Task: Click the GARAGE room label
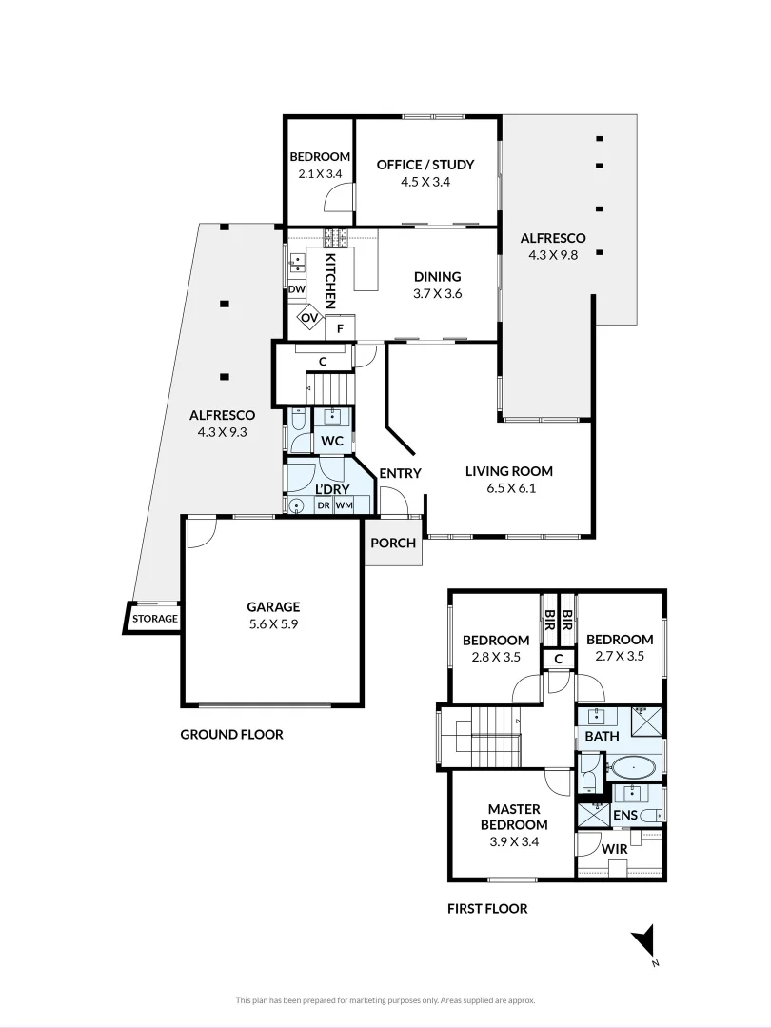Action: [x=273, y=606]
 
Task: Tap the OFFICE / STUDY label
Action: [x=425, y=165]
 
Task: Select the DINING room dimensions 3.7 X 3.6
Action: [x=437, y=294]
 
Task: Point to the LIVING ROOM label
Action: [x=508, y=471]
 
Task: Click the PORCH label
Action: [x=393, y=544]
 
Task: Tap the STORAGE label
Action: [x=154, y=619]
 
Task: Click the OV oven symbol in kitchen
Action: [x=310, y=318]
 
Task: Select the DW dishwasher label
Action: [x=295, y=289]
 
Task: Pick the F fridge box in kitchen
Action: [x=340, y=329]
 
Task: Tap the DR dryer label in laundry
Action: [x=324, y=504]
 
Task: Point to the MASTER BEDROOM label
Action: [x=514, y=818]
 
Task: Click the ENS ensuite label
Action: [x=624, y=816]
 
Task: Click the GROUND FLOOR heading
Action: [x=231, y=735]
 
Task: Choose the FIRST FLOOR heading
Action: [x=487, y=909]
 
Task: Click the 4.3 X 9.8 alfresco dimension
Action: [x=553, y=255]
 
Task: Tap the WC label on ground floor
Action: [x=332, y=442]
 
